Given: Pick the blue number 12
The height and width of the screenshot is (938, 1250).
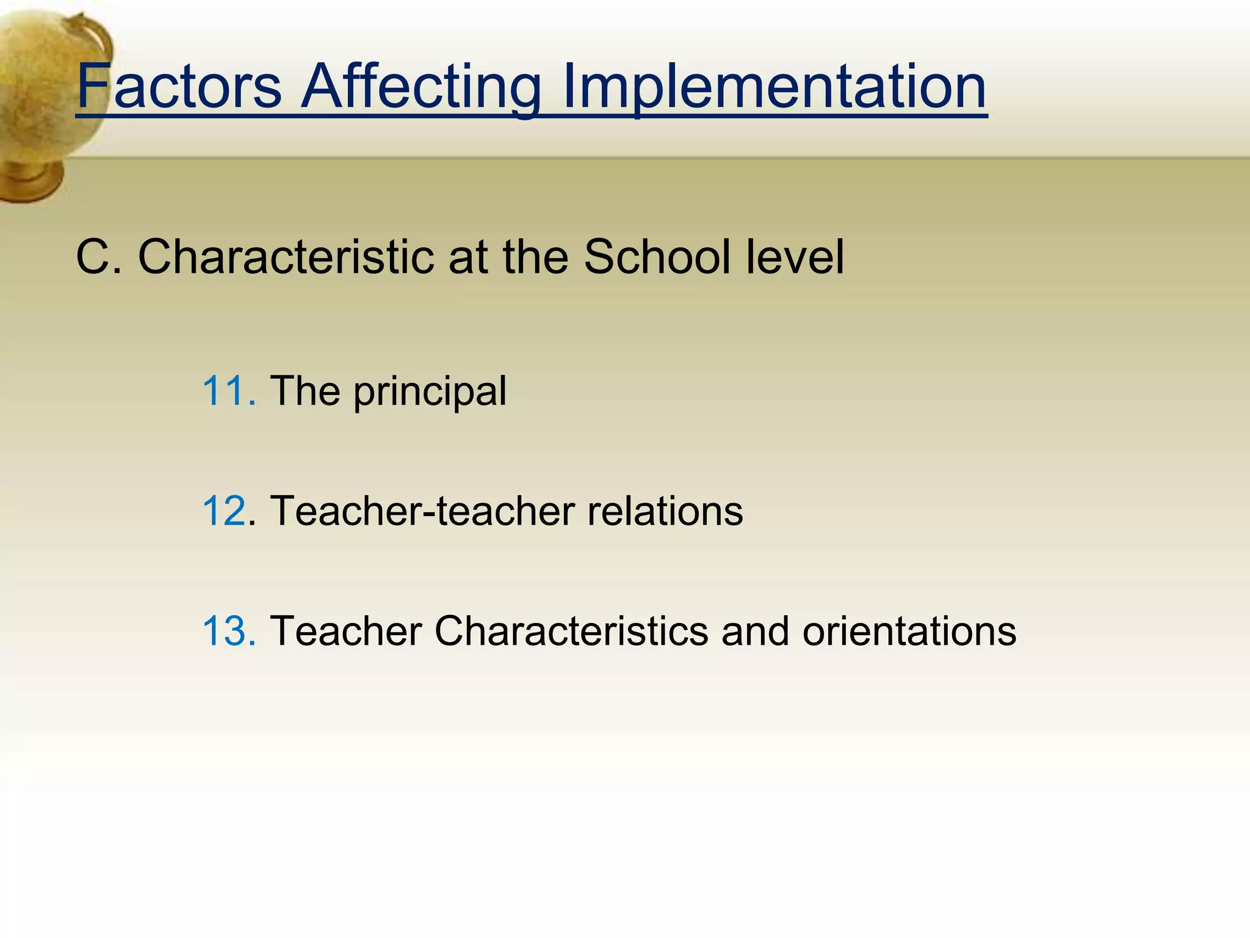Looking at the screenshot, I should [x=225, y=511].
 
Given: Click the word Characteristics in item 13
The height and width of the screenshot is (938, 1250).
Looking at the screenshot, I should [x=571, y=631].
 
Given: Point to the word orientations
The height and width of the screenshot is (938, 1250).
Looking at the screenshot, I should [x=909, y=631].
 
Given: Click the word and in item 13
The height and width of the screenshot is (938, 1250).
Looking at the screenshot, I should [x=755, y=631].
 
